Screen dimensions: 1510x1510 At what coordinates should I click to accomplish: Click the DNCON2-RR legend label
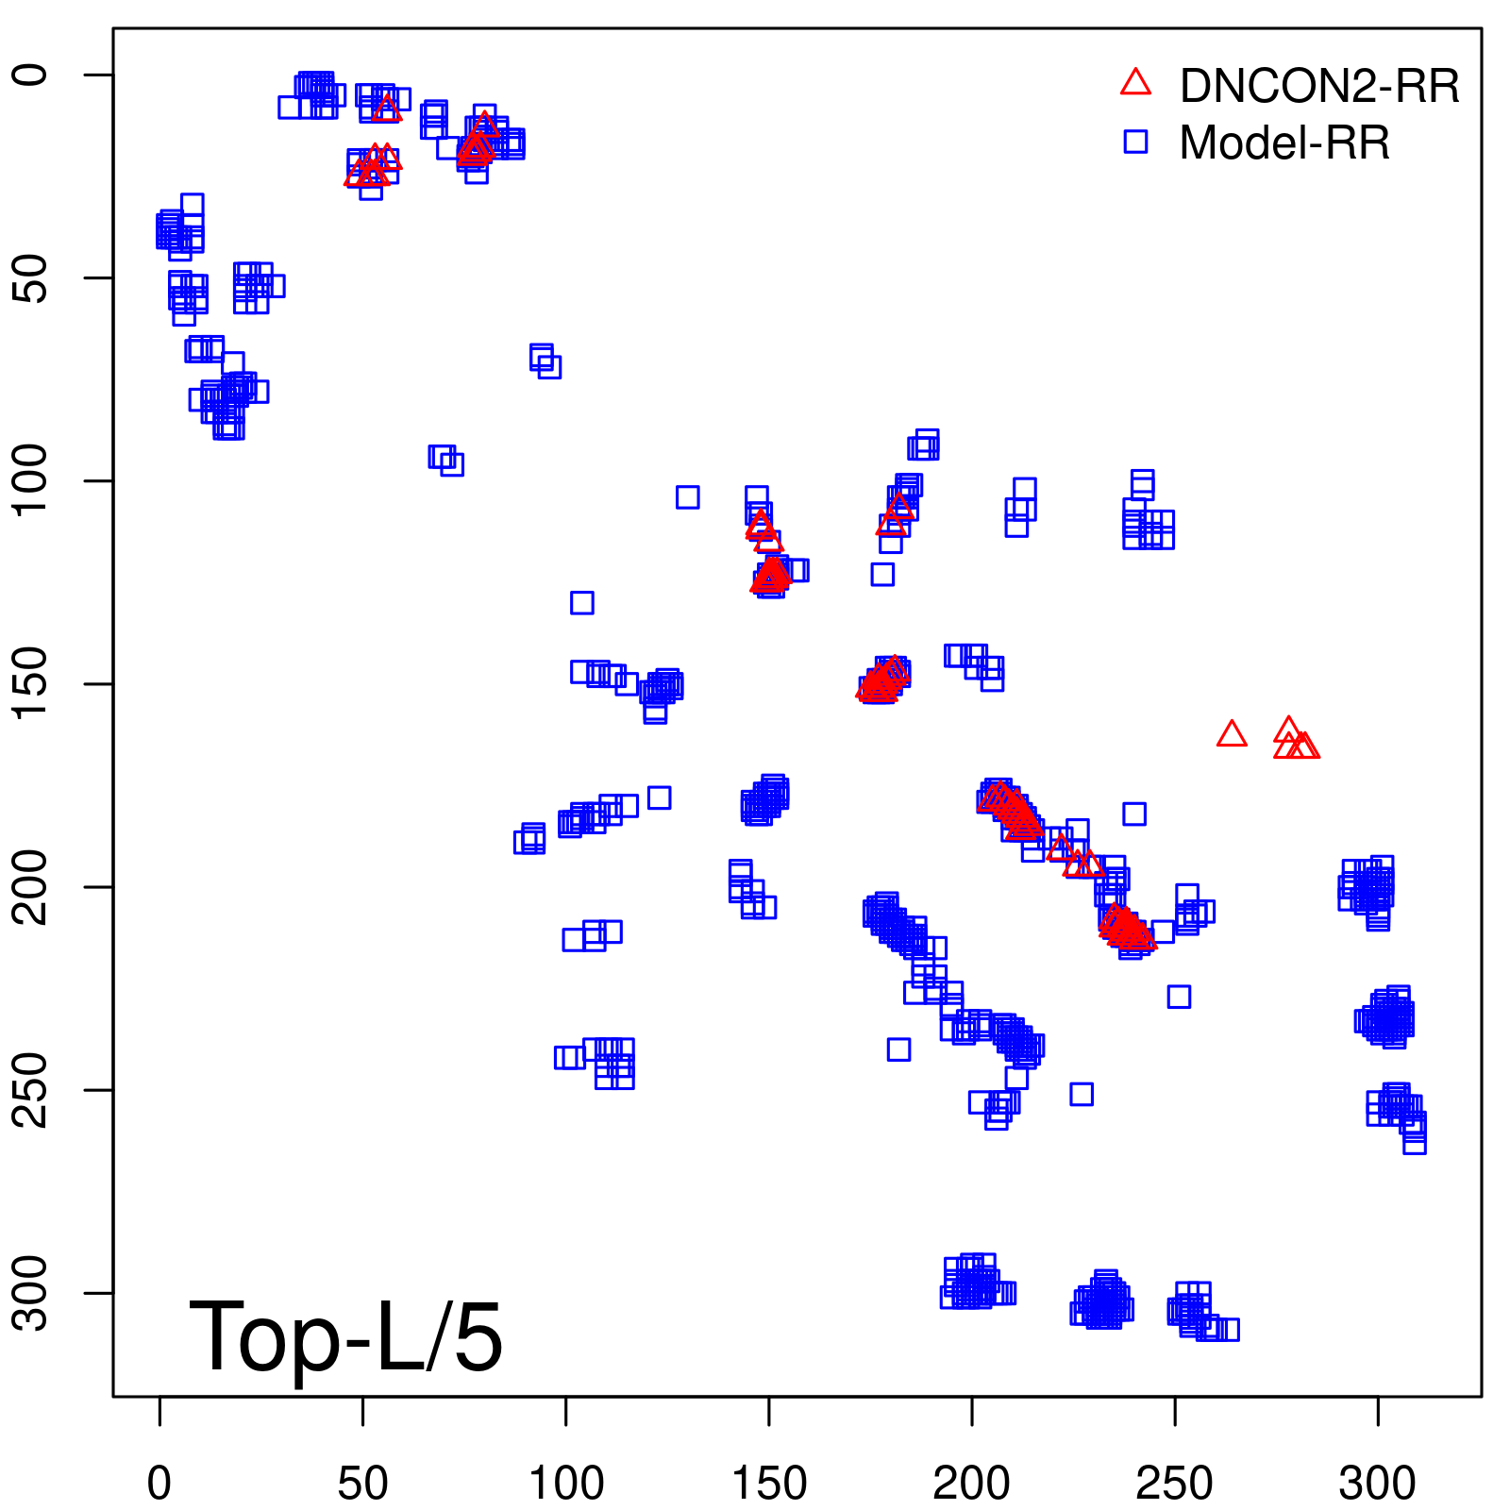tap(1318, 86)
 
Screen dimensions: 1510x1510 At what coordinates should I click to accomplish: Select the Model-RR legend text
tap(1284, 143)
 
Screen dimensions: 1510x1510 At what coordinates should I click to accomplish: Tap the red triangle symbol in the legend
tap(1135, 83)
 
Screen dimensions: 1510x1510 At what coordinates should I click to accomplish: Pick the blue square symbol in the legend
tap(1135, 142)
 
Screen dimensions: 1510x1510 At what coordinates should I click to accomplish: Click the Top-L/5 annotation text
tap(345, 1336)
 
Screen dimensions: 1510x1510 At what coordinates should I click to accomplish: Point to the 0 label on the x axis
tap(159, 1484)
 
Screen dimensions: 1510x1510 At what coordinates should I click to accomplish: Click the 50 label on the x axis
tap(363, 1484)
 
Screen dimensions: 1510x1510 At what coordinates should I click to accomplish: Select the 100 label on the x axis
tap(566, 1484)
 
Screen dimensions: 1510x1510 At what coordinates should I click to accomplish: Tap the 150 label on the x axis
tap(769, 1484)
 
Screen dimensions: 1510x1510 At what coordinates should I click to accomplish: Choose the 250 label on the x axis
tap(1175, 1484)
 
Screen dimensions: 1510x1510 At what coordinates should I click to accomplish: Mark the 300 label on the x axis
tap(1378, 1484)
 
